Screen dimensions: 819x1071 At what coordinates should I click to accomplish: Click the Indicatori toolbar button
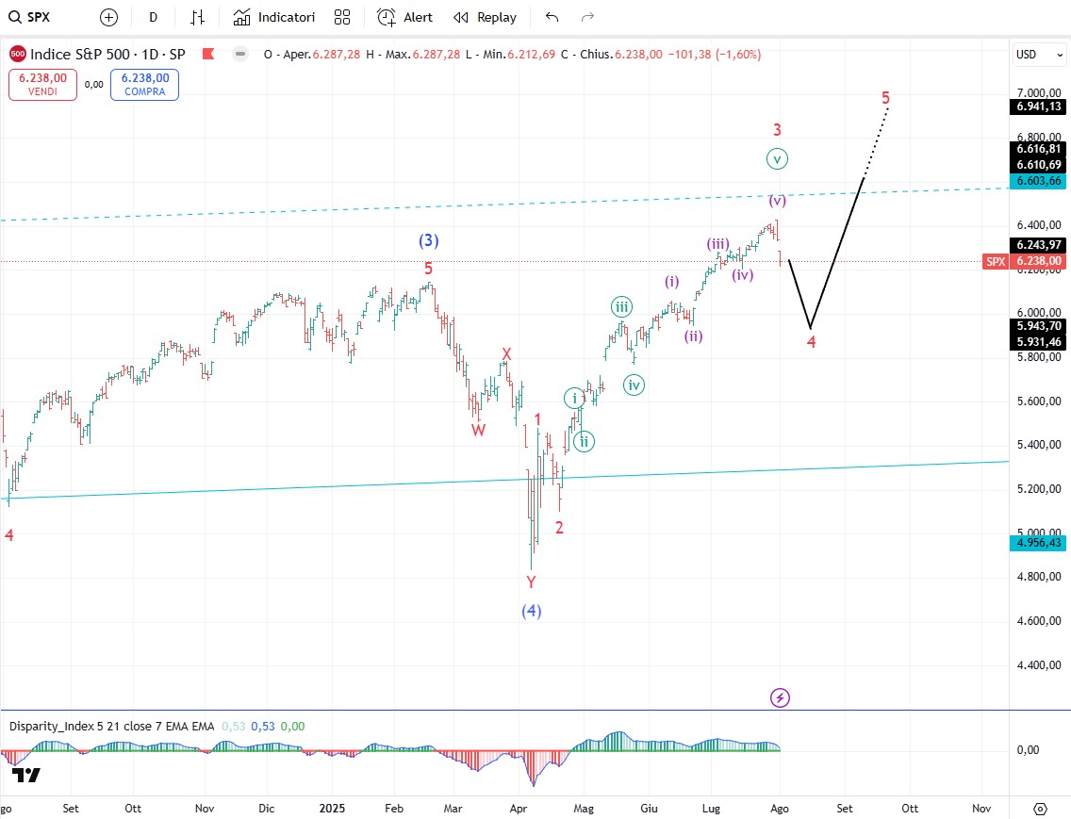click(x=273, y=17)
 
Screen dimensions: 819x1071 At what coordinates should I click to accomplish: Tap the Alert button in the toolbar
click(x=405, y=17)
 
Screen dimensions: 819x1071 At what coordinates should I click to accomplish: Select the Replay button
click(x=485, y=17)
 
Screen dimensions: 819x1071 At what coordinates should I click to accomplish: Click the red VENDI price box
click(x=42, y=85)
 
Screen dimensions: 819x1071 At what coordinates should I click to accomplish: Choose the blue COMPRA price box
click(x=144, y=85)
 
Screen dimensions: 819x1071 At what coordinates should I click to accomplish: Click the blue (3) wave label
click(x=429, y=240)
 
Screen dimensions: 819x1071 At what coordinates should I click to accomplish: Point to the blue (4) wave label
click(x=532, y=611)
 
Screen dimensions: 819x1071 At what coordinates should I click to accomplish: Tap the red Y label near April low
click(x=531, y=581)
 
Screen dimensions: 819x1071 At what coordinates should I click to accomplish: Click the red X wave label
click(x=506, y=354)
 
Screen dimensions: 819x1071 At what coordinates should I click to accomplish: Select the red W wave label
click(x=479, y=429)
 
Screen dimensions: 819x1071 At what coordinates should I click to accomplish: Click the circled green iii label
click(x=621, y=306)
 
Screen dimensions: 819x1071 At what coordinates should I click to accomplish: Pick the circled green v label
click(x=777, y=158)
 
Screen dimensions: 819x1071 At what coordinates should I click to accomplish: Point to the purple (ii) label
click(x=694, y=336)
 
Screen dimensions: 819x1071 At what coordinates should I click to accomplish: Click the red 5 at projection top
click(x=886, y=97)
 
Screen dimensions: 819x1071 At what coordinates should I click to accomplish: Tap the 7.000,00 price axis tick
click(x=1040, y=93)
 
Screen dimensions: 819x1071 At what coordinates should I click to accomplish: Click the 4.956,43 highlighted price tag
click(x=1039, y=543)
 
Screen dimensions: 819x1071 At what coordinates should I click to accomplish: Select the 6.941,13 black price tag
click(x=1039, y=107)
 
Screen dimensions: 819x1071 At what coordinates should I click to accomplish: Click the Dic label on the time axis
click(x=267, y=809)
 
